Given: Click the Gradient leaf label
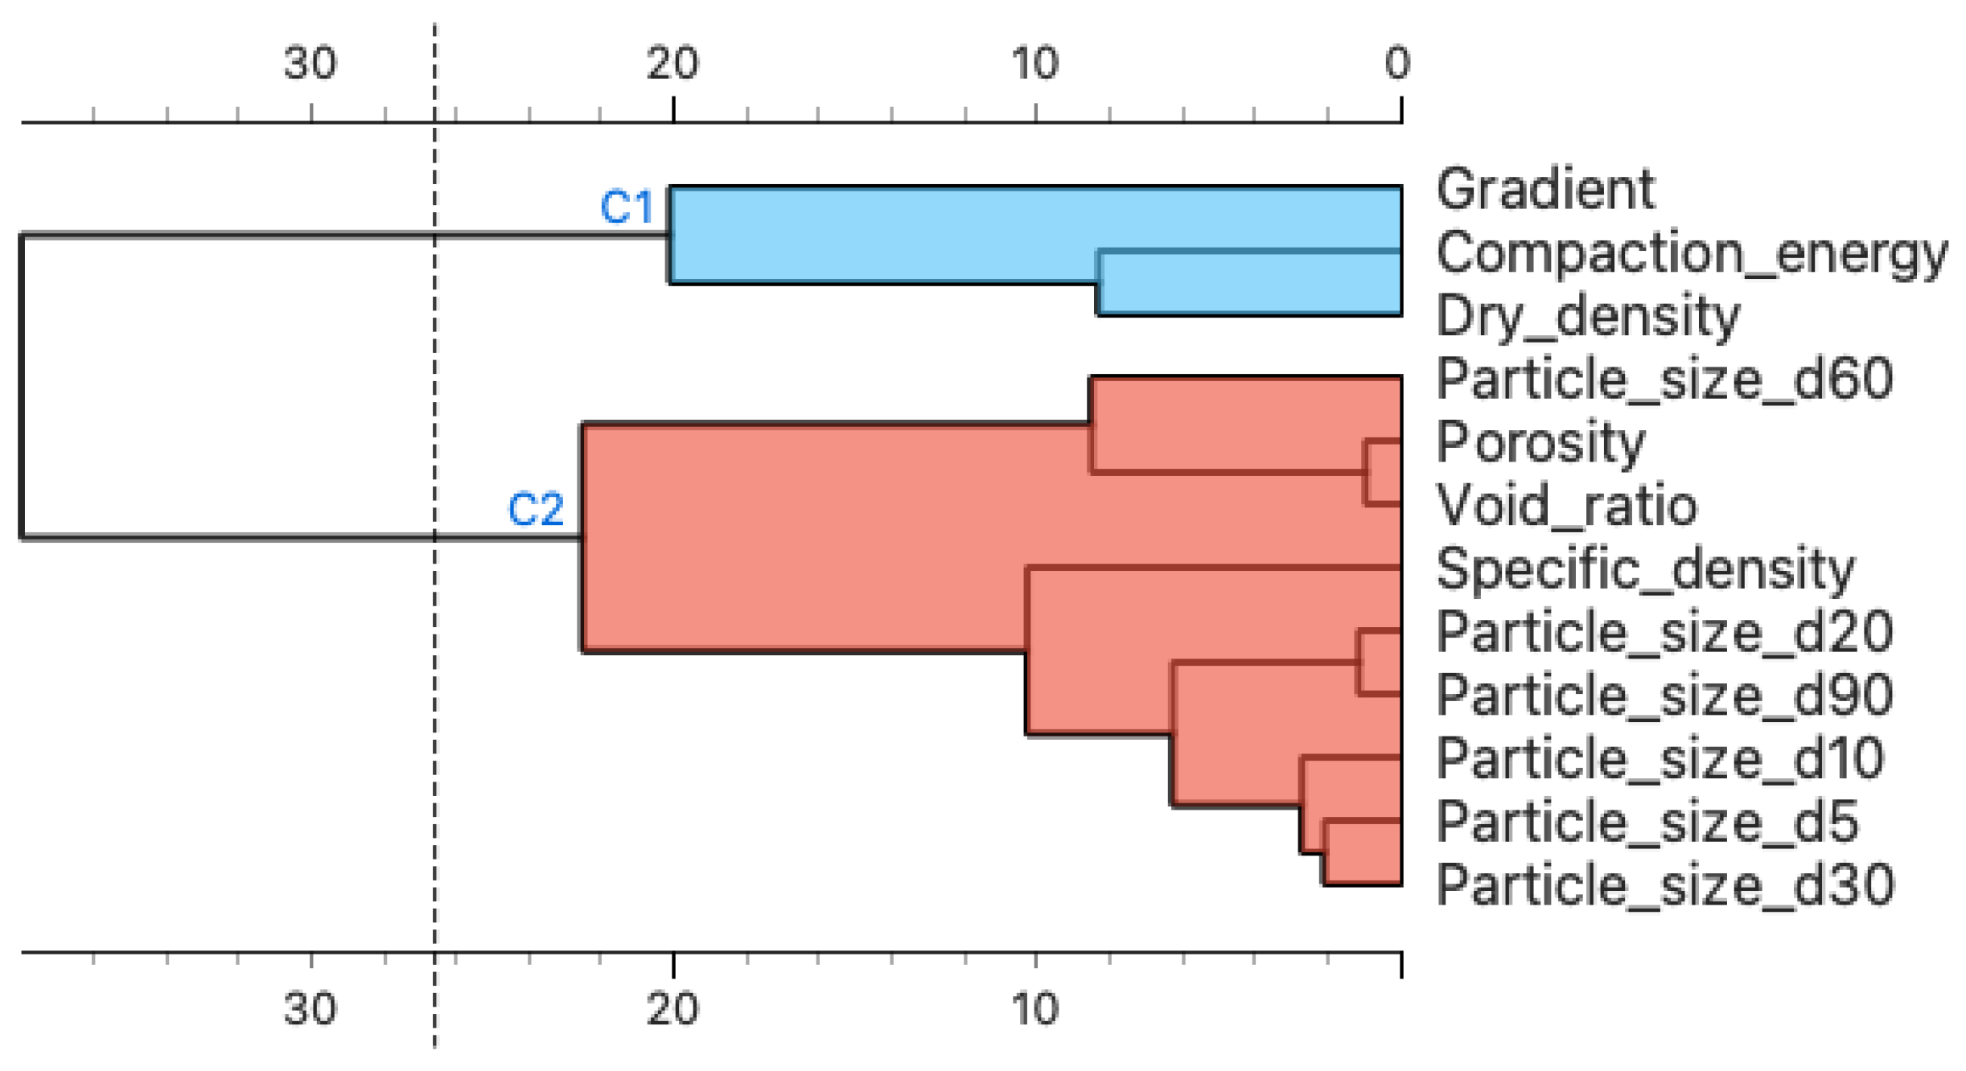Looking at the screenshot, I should (x=1544, y=190).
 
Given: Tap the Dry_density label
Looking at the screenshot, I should (x=1587, y=316).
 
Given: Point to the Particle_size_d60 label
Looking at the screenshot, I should (x=1664, y=379).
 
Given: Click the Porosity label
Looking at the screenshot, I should (x=1540, y=443).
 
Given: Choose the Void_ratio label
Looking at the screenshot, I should (x=1566, y=506).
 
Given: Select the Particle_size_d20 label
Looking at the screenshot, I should (x=1664, y=632).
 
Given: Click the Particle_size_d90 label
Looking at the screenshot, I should (x=1664, y=696).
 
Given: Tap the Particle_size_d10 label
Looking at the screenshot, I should (x=1660, y=758).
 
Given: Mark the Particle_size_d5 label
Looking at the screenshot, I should (x=1647, y=822).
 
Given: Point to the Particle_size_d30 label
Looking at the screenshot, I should (x=1664, y=885).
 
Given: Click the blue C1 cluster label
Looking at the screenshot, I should (x=627, y=207).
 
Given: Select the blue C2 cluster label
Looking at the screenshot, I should (x=536, y=510).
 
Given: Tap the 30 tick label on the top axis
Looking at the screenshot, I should (x=310, y=63).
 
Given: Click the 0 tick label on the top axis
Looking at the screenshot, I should (x=1397, y=63).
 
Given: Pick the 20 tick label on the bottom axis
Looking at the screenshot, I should (x=672, y=1009).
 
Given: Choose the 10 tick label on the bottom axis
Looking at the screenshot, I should (x=1035, y=1009).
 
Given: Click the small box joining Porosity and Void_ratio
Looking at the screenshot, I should (x=1384, y=473).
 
